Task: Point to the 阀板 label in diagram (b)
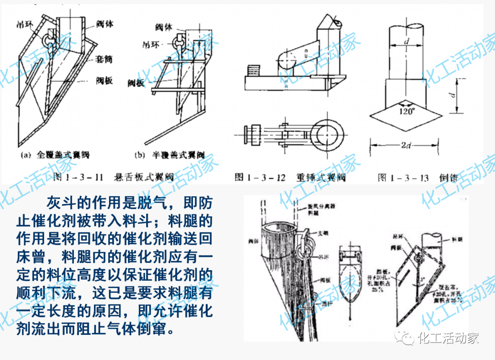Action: pyautogui.click(x=137, y=83)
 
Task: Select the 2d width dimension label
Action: pyautogui.click(x=406, y=145)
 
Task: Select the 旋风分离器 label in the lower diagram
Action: pyautogui.click(x=312, y=206)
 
